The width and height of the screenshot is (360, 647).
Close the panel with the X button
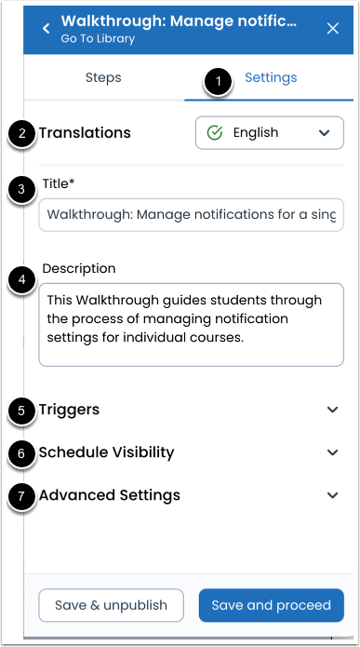pyautogui.click(x=333, y=29)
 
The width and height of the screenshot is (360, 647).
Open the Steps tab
pyautogui.click(x=103, y=78)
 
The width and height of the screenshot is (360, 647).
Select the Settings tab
pyautogui.click(x=271, y=78)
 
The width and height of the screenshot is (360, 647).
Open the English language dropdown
pyautogui.click(x=269, y=133)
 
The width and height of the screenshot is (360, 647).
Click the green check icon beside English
pyautogui.click(x=214, y=133)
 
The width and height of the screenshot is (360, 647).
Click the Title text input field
pyautogui.click(x=191, y=214)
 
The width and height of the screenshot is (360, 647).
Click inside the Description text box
pyautogui.click(x=191, y=324)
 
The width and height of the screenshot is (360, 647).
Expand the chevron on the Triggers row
pyautogui.click(x=333, y=410)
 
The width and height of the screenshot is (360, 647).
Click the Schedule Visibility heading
pyautogui.click(x=106, y=452)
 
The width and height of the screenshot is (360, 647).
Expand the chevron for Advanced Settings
pyautogui.click(x=333, y=495)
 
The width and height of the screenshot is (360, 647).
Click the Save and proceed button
pyautogui.click(x=271, y=605)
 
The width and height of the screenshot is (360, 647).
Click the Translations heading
pyautogui.click(x=85, y=133)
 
